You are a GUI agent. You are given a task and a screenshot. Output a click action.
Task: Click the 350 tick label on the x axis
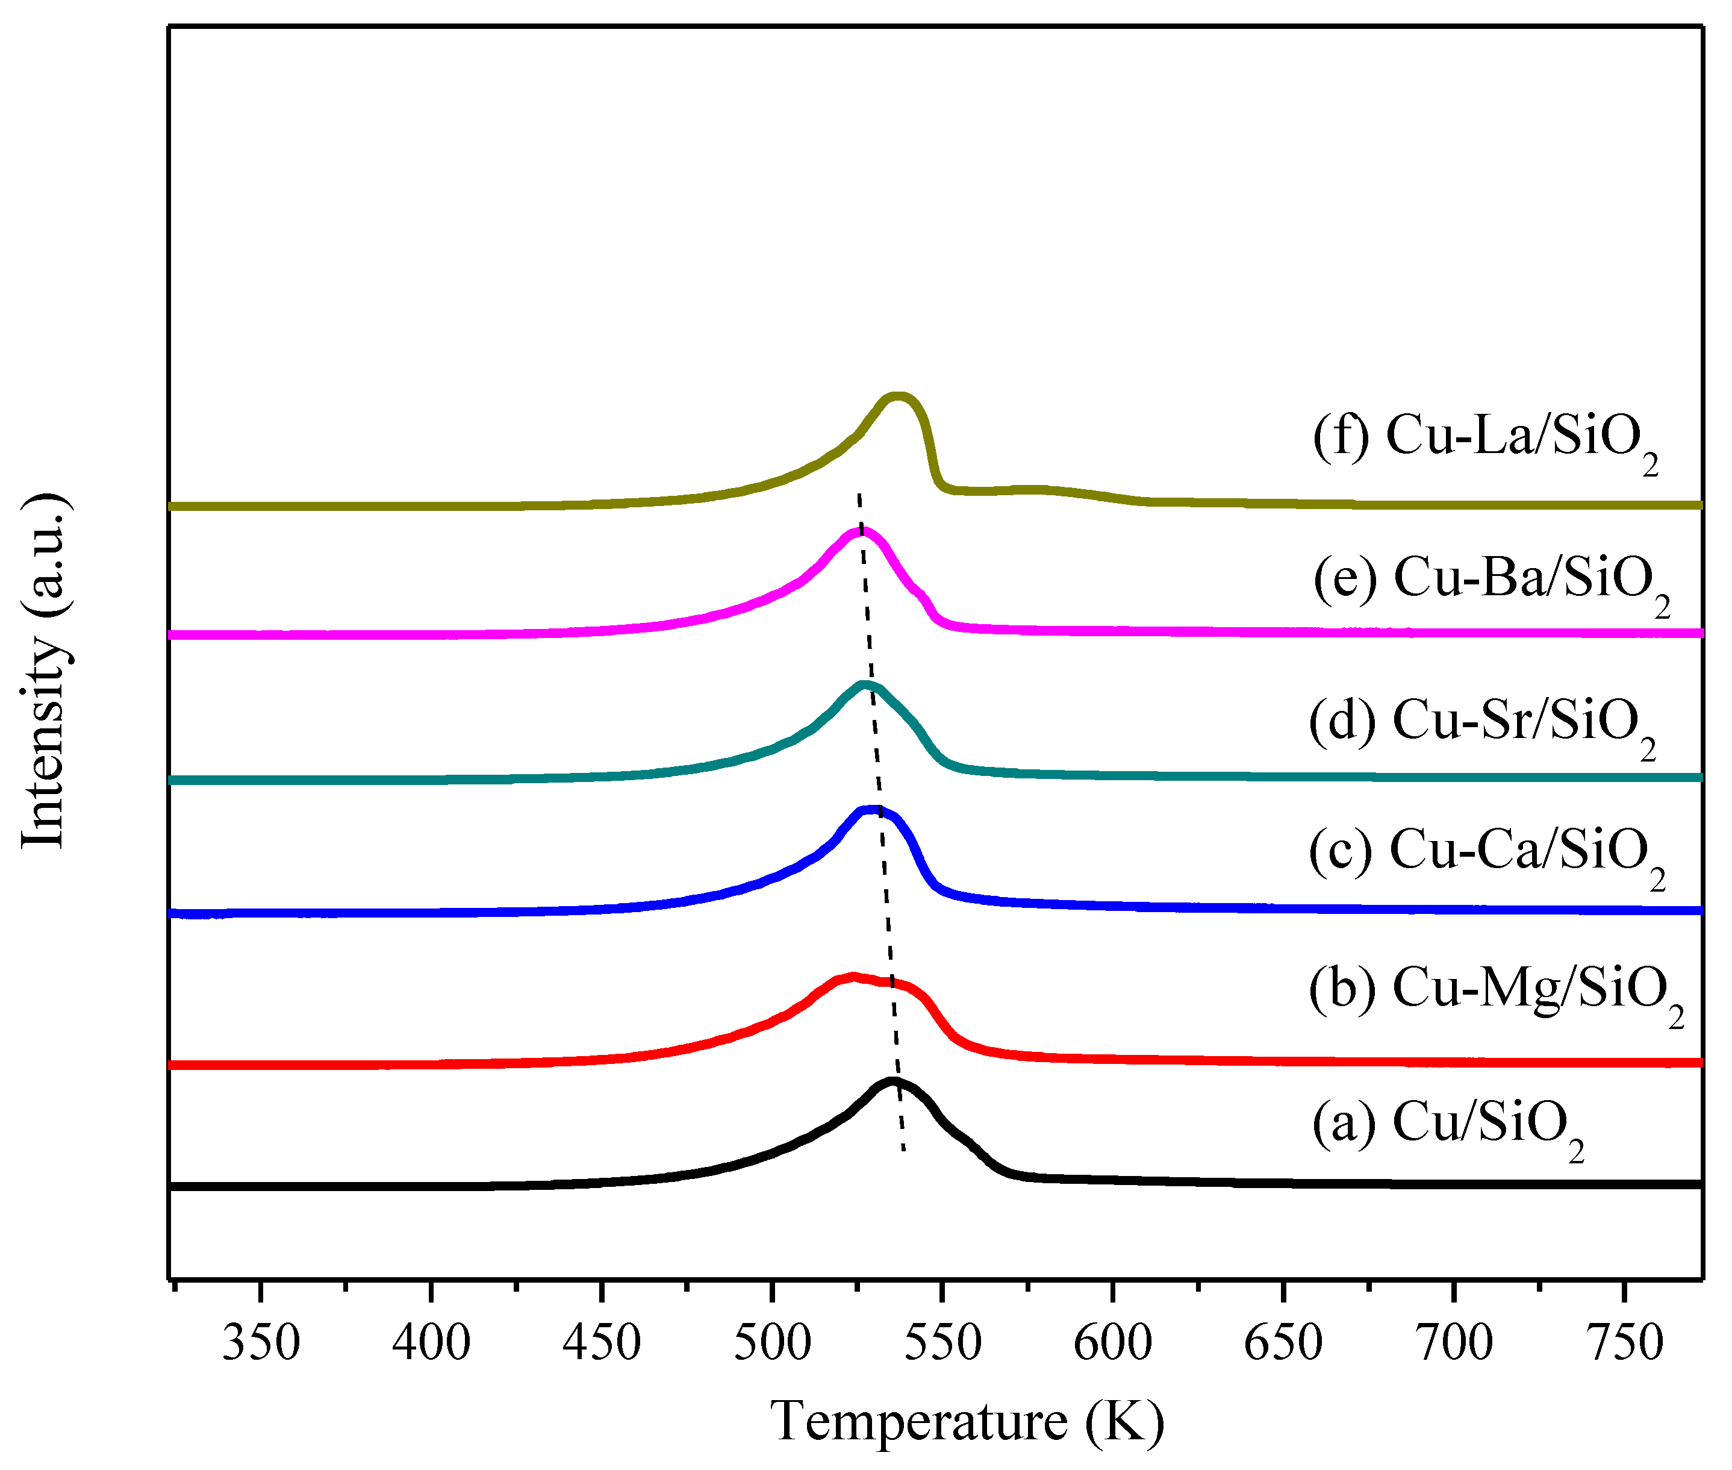coord(261,1343)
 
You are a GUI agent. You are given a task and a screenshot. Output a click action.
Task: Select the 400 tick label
coord(431,1343)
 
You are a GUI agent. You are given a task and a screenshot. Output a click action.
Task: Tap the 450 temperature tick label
coord(602,1343)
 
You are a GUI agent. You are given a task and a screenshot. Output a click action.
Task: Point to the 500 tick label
coord(772,1343)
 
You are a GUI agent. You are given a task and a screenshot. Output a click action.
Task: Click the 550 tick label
coord(942,1343)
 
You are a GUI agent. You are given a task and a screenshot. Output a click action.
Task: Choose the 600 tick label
coord(1112,1343)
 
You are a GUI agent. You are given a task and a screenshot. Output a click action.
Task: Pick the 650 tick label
coord(1283,1343)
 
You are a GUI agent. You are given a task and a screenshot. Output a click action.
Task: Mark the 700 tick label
coord(1454,1343)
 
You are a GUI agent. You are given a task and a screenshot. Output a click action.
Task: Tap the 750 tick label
coord(1625,1343)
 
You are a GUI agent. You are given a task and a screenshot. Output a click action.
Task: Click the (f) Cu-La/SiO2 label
coord(1484,437)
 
